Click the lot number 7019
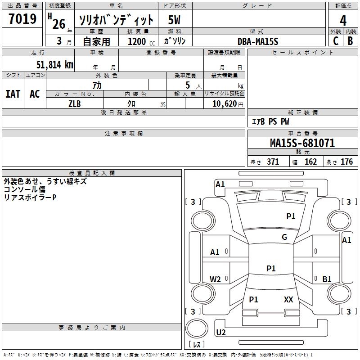pos(22,18)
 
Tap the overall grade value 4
pos(343,20)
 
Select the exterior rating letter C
pos(336,41)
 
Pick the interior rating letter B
pos(351,41)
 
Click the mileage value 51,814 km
pos(55,64)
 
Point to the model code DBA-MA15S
pos(258,41)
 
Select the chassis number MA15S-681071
pos(302,143)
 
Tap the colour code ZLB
pos(75,104)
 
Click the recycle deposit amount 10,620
pos(225,104)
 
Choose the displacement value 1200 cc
pos(141,41)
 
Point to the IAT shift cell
pos(13,94)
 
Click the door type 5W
pos(174,20)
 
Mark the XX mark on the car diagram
pos(288,299)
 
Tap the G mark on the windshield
pos(284,237)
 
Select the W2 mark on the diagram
pos(215,279)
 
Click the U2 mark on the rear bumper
pos(221,332)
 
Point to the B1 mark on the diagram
pos(327,279)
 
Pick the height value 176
pos(346,162)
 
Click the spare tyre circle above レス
pos(197,328)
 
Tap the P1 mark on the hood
pos(291,216)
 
